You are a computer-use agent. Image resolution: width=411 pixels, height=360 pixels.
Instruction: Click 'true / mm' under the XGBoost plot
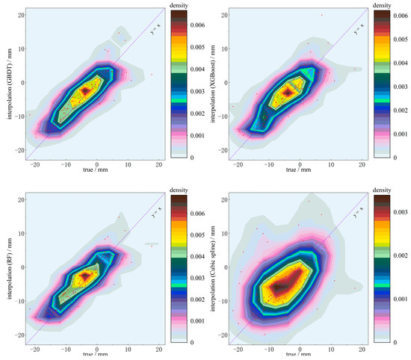pos(297,171)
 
